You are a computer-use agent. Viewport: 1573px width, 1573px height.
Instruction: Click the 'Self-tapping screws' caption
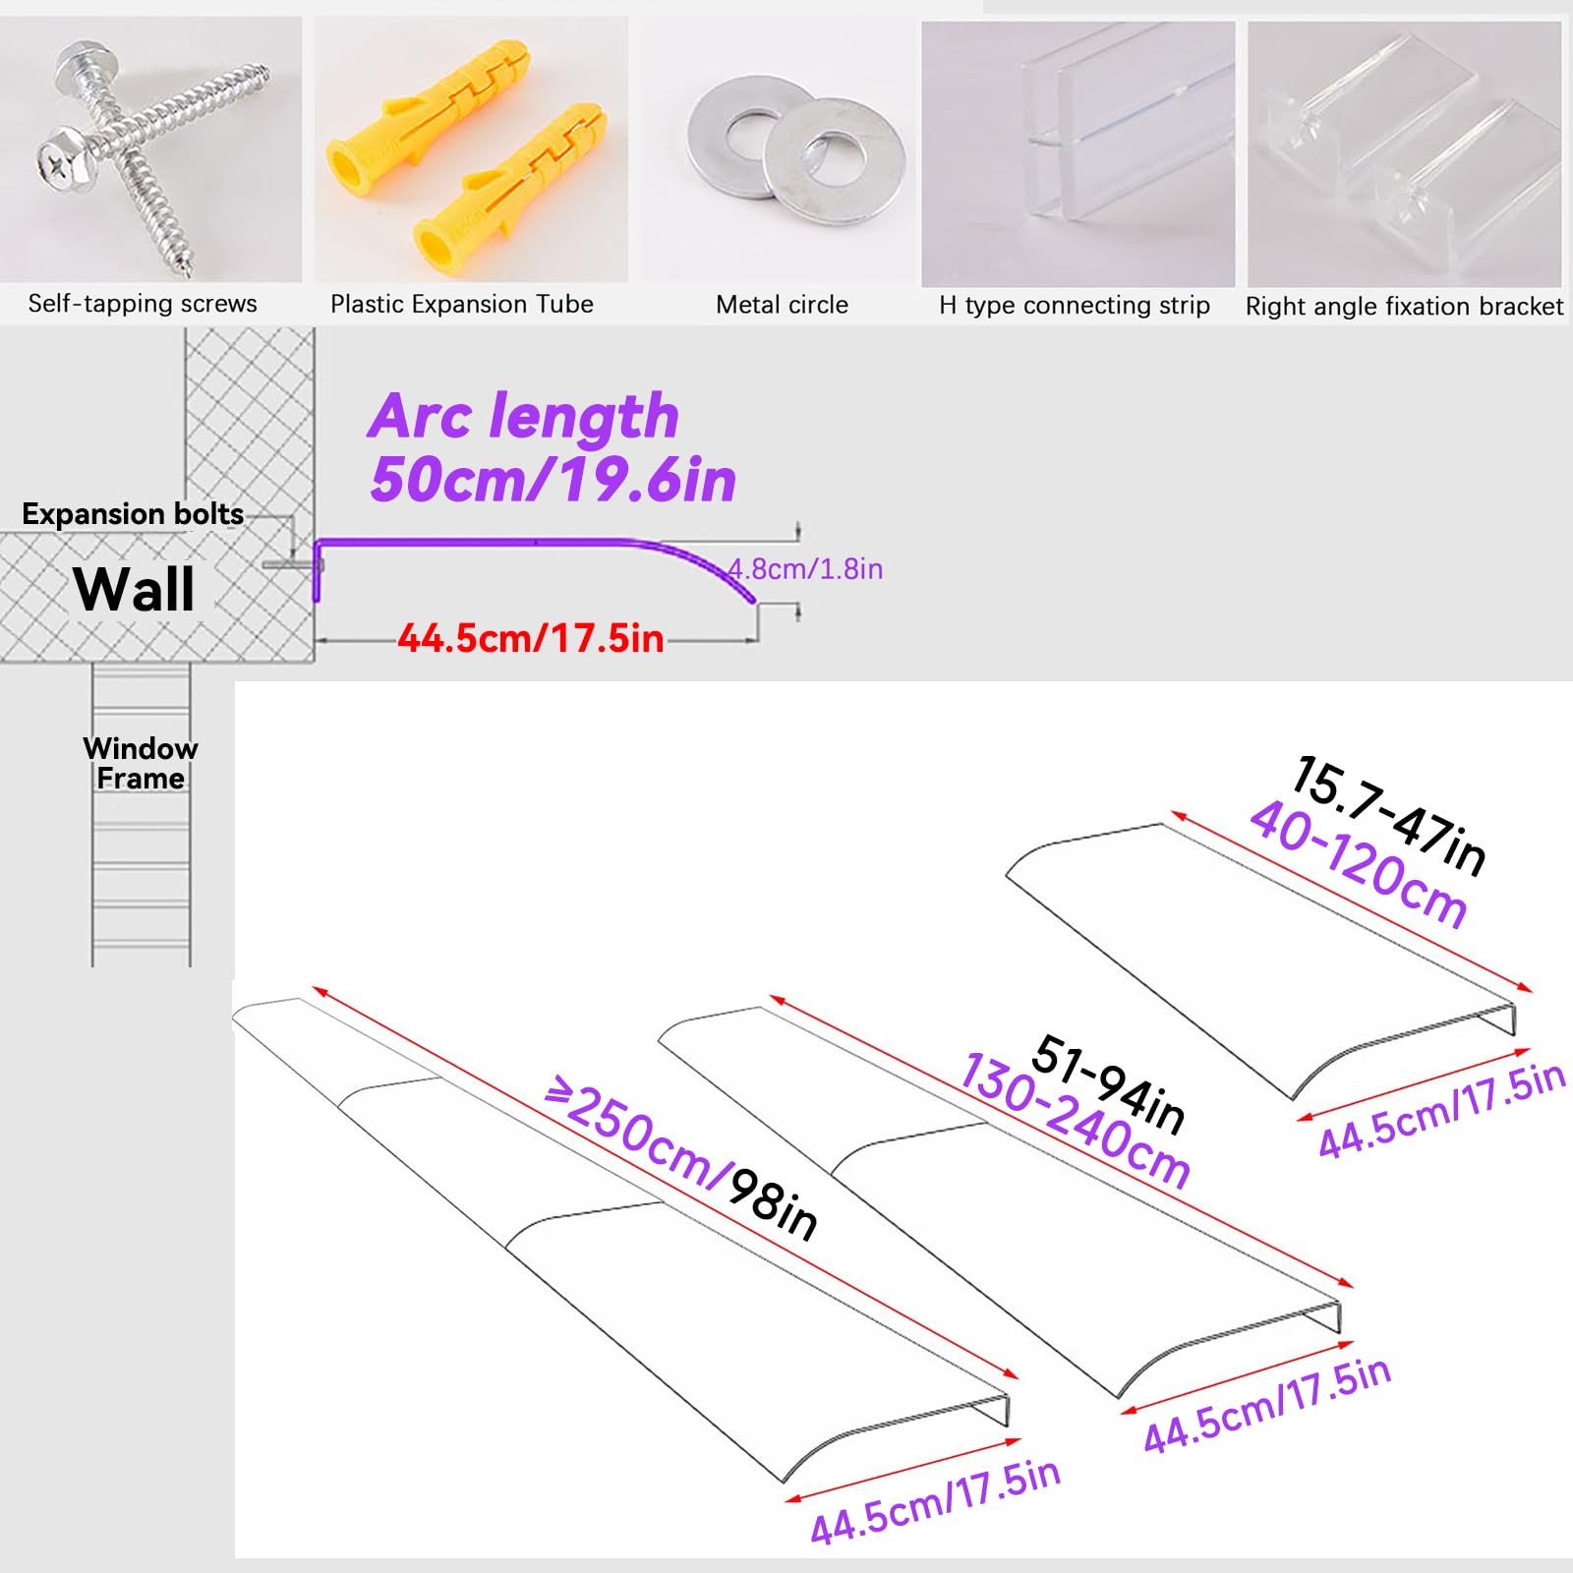143,304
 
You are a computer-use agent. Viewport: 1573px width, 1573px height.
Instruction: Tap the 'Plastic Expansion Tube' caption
462,304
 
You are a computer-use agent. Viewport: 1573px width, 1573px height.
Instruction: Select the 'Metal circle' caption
782,305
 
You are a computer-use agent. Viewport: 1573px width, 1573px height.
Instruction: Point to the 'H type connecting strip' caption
1075,306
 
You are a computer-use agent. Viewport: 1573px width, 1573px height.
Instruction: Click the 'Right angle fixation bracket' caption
1404,307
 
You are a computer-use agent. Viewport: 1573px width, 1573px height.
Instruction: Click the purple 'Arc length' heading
524,416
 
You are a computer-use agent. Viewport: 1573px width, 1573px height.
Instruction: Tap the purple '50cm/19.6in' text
553,480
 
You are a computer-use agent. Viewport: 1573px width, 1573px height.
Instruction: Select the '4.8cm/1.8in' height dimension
805,569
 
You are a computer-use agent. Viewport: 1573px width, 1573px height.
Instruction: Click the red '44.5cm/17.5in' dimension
531,639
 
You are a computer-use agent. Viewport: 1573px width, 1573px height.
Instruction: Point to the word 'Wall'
134,590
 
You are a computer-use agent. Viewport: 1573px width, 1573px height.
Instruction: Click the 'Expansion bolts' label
133,514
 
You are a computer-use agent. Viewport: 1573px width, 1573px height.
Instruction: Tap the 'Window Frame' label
141,764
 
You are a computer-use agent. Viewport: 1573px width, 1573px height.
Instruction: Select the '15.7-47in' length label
1390,815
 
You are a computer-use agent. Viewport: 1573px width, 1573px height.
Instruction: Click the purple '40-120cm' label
1360,864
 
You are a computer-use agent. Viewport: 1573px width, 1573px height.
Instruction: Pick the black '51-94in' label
1110,1083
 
